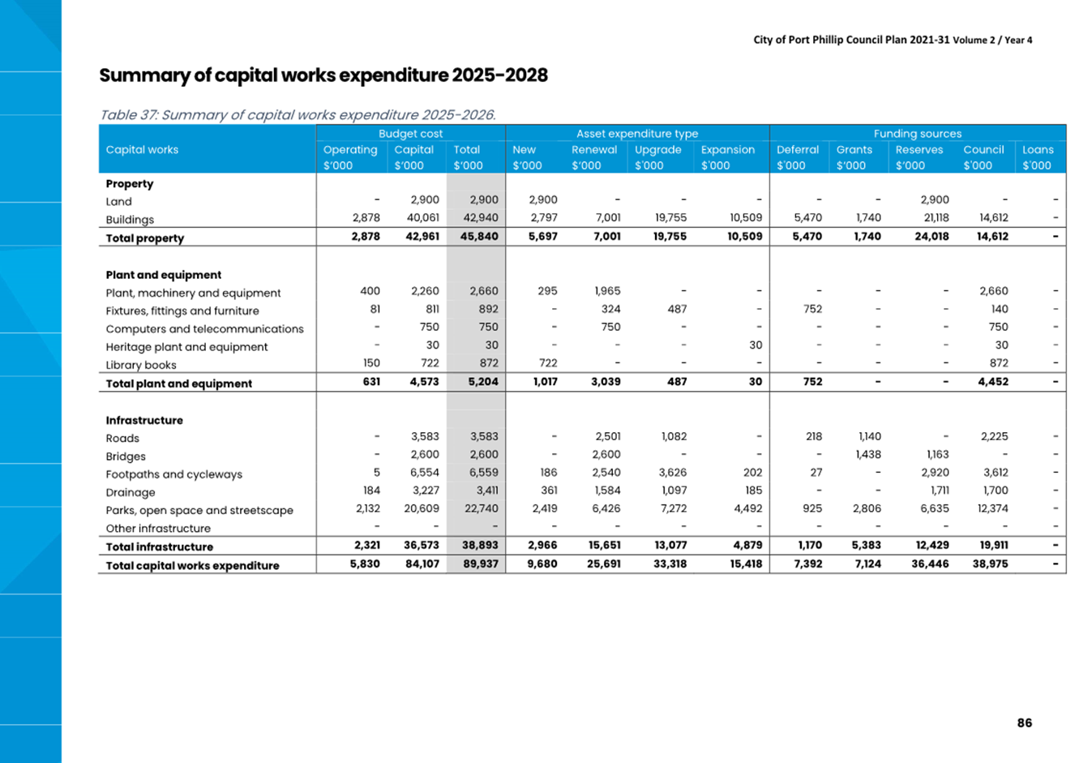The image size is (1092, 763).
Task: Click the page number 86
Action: click(x=1025, y=722)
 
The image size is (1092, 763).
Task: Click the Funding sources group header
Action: click(x=918, y=134)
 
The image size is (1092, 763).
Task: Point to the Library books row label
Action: click(x=141, y=365)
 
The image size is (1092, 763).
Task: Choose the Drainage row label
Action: click(x=131, y=492)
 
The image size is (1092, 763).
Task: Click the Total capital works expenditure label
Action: click(x=193, y=565)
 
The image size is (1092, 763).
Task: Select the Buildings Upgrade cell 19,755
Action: click(x=670, y=217)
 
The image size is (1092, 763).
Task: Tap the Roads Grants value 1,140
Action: click(x=869, y=436)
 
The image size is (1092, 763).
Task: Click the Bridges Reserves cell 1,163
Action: click(x=936, y=454)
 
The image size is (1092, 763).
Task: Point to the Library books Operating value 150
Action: click(x=371, y=363)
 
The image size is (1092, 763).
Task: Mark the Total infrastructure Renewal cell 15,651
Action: click(x=605, y=545)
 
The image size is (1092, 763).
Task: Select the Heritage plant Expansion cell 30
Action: click(x=756, y=345)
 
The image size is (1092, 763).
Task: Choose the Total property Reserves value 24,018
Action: click(x=931, y=237)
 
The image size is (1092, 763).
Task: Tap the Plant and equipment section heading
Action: click(x=163, y=275)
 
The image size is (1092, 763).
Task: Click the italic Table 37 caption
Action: click(x=298, y=115)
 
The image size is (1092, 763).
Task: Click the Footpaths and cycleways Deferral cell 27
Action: click(x=816, y=473)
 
